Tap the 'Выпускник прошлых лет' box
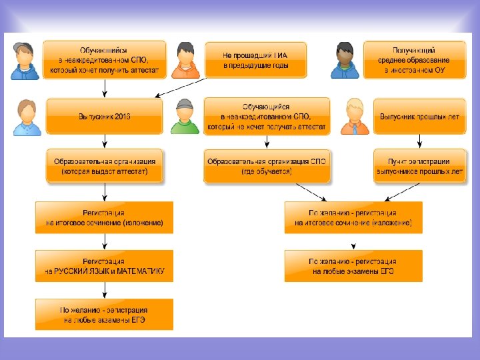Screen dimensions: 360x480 (x=419, y=116)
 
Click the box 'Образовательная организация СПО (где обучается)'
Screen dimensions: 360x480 (x=267, y=166)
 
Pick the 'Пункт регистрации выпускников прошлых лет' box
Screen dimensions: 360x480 (x=419, y=166)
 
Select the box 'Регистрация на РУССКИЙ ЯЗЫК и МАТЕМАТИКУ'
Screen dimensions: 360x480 (x=104, y=266)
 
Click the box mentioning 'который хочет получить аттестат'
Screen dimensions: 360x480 (x=104, y=59)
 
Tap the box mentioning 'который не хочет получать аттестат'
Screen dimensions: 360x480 (x=267, y=116)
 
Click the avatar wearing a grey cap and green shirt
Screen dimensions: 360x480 (x=185, y=117)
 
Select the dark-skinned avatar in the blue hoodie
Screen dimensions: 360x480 (x=345, y=60)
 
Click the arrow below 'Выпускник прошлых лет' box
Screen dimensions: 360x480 (x=419, y=140)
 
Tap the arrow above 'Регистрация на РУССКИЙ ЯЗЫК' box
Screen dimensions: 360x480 (x=104, y=241)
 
